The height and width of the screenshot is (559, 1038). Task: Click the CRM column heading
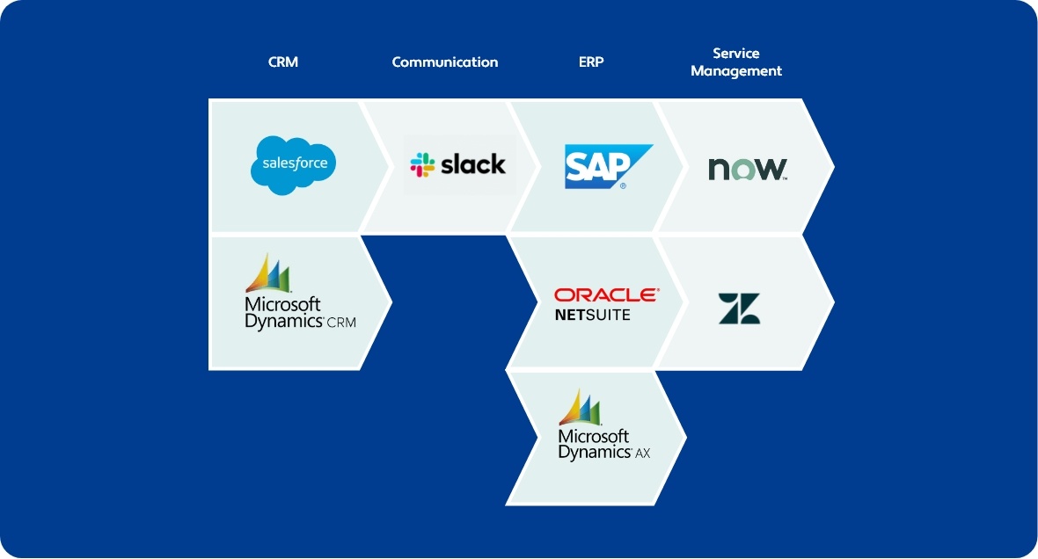click(x=283, y=62)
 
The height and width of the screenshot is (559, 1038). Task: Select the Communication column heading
click(x=444, y=62)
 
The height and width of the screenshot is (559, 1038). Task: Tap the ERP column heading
click(x=591, y=62)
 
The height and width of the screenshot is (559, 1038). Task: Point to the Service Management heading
click(x=735, y=62)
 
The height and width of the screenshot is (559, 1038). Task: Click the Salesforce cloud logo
click(x=294, y=163)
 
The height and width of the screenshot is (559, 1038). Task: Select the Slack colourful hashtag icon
click(x=422, y=164)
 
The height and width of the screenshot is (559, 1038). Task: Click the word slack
click(x=473, y=163)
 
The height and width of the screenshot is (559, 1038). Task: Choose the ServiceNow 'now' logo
click(x=747, y=168)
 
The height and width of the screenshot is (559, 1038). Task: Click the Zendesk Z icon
click(x=739, y=309)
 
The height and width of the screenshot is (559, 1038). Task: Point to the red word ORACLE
click(x=605, y=295)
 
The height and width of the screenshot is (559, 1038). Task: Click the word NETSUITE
click(x=592, y=315)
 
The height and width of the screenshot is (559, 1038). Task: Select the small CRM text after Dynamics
click(x=341, y=323)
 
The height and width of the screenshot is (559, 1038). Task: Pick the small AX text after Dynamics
click(x=643, y=454)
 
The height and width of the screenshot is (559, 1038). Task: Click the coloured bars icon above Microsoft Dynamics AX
click(x=580, y=407)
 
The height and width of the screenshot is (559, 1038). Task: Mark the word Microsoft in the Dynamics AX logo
click(x=594, y=437)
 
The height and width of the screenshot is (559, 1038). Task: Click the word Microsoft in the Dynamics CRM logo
click(x=282, y=304)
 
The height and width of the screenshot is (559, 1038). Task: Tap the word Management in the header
click(x=735, y=71)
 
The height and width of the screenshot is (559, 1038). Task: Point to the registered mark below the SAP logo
click(x=623, y=186)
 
